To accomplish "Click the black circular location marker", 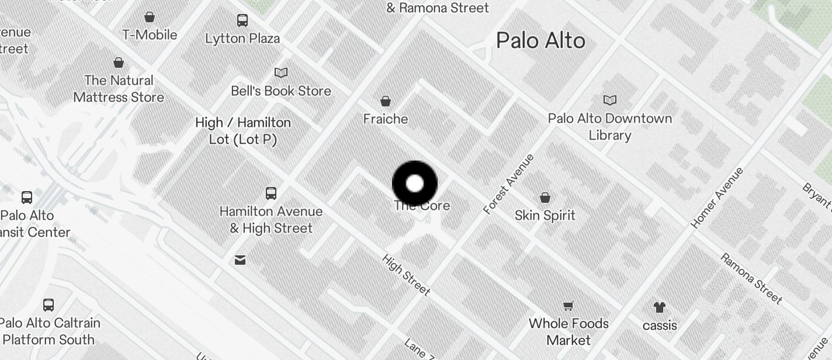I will (415, 184).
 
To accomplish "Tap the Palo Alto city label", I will (540, 40).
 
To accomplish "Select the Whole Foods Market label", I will (568, 331).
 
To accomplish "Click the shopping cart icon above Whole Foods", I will (568, 306).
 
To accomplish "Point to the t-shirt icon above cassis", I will (660, 307).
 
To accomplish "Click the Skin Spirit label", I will (545, 215).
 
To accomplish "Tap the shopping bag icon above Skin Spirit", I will (545, 198).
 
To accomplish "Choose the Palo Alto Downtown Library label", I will (610, 126).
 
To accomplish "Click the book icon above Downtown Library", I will (610, 100).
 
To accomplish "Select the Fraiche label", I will (386, 119).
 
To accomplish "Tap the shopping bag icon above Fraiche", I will (386, 101).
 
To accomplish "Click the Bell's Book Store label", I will (281, 91).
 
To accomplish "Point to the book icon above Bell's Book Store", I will (281, 72).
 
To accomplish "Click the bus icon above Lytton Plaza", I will (242, 20).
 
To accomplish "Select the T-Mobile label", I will (150, 34).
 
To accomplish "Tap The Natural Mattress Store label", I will (119, 88).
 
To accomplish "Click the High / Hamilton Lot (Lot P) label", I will (243, 131).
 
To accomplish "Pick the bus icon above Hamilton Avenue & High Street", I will (271, 193).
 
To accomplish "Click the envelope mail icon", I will (240, 260).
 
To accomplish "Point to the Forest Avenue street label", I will (509, 184).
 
